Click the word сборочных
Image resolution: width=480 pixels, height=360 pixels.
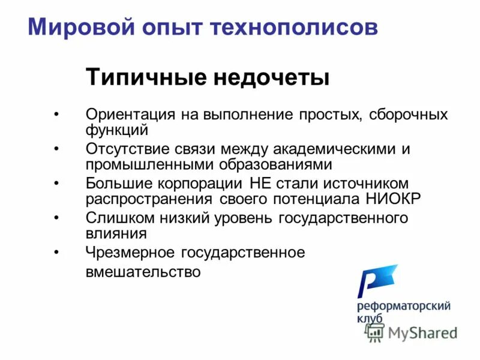point(408,115)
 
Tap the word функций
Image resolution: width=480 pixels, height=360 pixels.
point(116,129)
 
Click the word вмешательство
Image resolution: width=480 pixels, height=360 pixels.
point(143,272)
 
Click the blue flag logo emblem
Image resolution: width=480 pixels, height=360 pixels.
point(376,280)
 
